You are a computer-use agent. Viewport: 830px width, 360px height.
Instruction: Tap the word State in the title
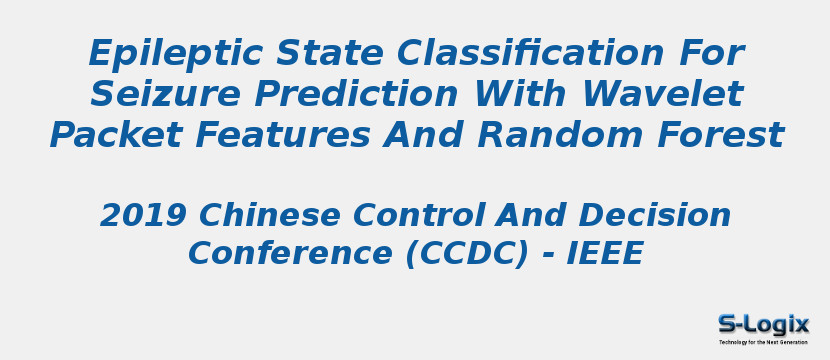click(331, 52)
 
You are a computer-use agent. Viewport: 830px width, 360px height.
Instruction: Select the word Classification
click(530, 52)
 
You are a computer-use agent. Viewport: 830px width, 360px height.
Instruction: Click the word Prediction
click(356, 94)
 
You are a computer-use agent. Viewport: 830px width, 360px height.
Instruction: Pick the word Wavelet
click(664, 94)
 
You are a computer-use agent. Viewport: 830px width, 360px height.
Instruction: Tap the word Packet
click(116, 134)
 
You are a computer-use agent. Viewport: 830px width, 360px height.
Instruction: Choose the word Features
click(283, 134)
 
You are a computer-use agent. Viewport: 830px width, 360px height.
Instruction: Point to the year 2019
click(143, 215)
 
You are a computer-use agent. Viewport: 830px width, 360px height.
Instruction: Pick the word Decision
click(655, 215)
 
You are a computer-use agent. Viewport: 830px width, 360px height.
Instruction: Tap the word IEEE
click(605, 253)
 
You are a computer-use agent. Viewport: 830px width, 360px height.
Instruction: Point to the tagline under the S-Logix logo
click(763, 342)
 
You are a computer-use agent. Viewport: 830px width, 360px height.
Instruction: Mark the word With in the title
click(520, 94)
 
